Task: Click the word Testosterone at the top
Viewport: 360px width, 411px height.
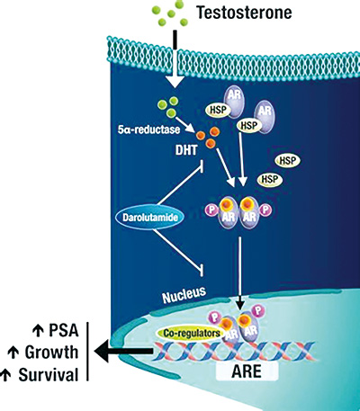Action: pos(244,13)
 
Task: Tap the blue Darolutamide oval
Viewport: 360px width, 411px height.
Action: pos(150,217)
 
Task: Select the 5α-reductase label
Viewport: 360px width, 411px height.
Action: pos(149,130)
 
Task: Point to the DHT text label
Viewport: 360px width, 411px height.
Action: pos(186,149)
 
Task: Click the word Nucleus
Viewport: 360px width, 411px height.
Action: pos(184,294)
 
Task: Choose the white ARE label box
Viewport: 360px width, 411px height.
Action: pos(247,371)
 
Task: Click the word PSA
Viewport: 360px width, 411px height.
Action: pos(64,330)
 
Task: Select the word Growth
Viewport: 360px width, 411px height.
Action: pos(51,352)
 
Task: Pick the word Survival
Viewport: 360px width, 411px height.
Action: pos(49,375)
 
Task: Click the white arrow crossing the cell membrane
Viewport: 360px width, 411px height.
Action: pos(175,65)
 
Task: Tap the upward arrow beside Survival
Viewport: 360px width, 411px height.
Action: pos(6,375)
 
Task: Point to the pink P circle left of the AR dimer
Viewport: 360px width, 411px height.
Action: pos(212,210)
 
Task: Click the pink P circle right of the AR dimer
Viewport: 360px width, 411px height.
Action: pos(265,210)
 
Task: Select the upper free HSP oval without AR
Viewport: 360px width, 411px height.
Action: pos(288,161)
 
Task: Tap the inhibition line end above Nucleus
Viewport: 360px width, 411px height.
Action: pos(202,269)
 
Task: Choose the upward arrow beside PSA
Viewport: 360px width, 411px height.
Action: pos(38,330)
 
